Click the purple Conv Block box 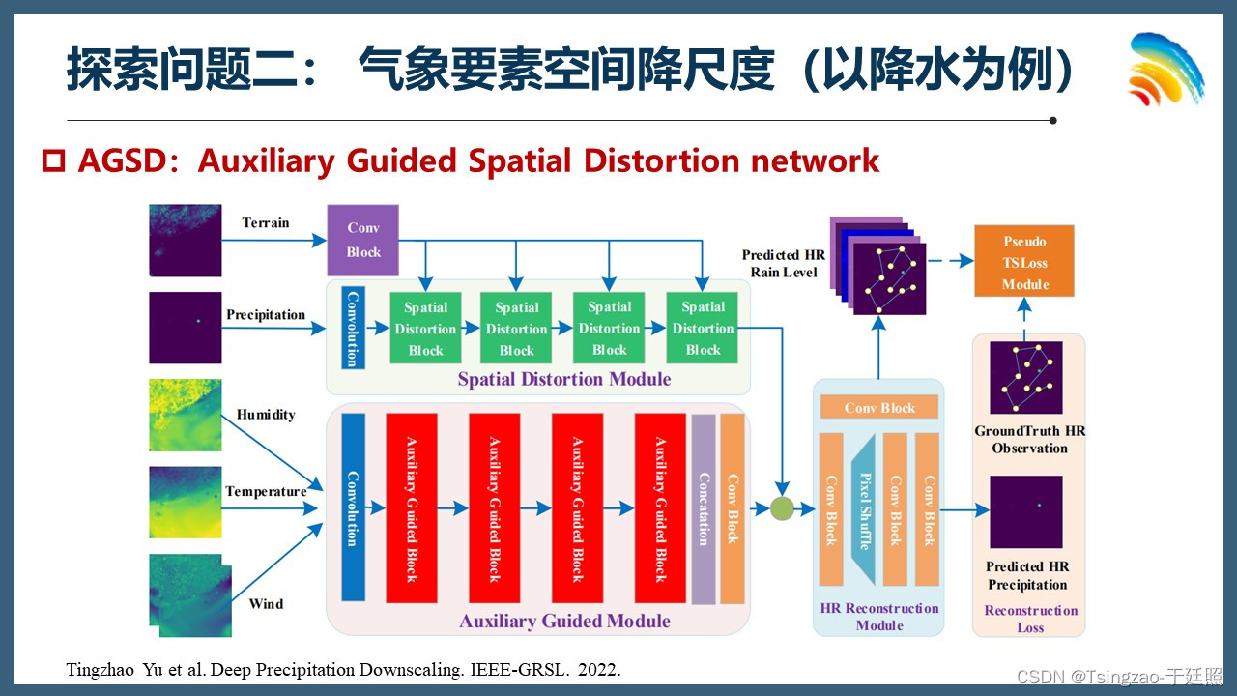click(x=362, y=240)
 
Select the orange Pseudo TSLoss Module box click(x=1024, y=262)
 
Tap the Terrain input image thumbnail click(x=185, y=240)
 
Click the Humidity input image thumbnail click(x=185, y=415)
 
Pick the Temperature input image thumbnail click(x=185, y=502)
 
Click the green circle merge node click(x=781, y=507)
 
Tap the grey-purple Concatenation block click(x=704, y=509)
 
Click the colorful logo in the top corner click(x=1165, y=70)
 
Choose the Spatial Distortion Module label click(x=563, y=379)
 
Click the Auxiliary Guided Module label click(x=564, y=621)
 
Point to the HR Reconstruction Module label click(x=878, y=617)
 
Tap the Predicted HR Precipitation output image click(x=1025, y=512)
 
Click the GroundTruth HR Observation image click(x=1025, y=377)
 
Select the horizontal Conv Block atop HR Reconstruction click(x=878, y=408)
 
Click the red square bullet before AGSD click(x=52, y=159)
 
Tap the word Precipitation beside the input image click(x=266, y=315)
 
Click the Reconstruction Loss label click(x=1030, y=619)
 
